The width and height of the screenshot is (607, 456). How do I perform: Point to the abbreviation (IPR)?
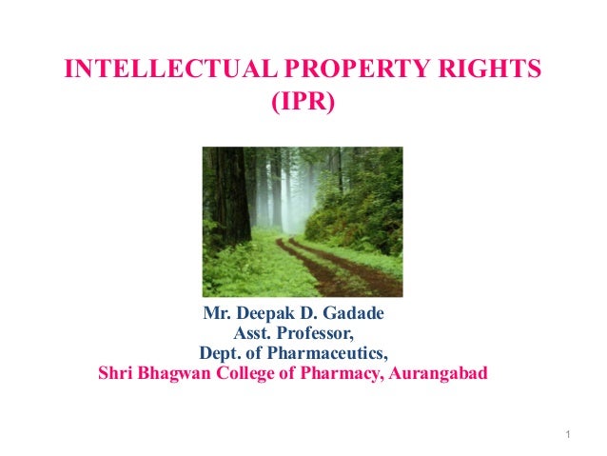(x=303, y=101)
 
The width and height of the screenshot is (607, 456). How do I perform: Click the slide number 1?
(x=567, y=436)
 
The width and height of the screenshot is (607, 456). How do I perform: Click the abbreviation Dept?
(x=218, y=352)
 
